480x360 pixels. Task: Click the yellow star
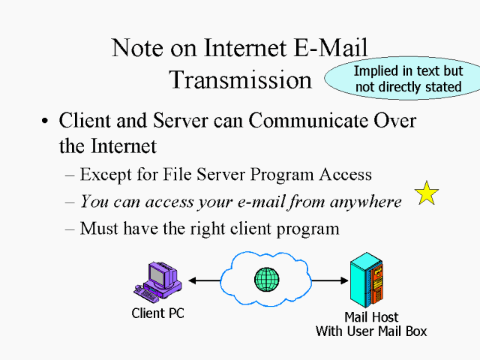[x=427, y=193]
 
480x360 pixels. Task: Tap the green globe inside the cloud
[x=266, y=280]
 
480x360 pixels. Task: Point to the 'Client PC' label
[x=157, y=313]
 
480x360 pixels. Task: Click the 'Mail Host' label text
[x=371, y=317]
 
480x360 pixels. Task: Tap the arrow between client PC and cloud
[x=203, y=280]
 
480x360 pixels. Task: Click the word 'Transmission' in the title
[x=240, y=79]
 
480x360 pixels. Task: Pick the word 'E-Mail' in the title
[x=329, y=48]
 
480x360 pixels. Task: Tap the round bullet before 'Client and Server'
[x=46, y=122]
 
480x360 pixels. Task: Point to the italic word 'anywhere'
[x=366, y=201]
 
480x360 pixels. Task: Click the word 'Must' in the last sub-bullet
[x=100, y=227]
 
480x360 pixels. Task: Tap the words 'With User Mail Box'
[x=372, y=330]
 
